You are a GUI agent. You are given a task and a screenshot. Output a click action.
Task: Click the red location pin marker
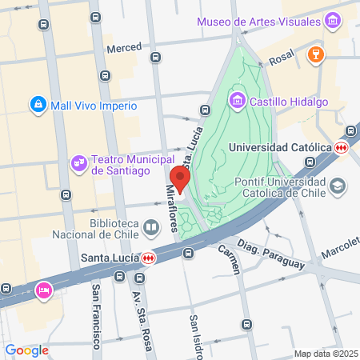[x=180, y=179]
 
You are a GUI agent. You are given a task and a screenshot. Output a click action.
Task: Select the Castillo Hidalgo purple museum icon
[x=237, y=101]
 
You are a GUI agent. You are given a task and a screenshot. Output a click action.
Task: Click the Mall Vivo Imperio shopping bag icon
[x=38, y=104]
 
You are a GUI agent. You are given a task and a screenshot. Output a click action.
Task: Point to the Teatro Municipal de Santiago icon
[x=78, y=163]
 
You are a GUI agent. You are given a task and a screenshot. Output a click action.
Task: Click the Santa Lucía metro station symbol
[x=148, y=258]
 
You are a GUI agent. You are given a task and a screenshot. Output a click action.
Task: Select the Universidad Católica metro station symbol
[x=342, y=147]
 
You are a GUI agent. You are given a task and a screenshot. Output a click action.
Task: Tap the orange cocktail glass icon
[x=315, y=55]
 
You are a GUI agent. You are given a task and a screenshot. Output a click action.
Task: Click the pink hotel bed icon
[x=43, y=289]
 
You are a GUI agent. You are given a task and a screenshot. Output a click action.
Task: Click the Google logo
[x=26, y=350]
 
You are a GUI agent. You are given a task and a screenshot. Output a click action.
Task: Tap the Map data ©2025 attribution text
[x=323, y=354]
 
